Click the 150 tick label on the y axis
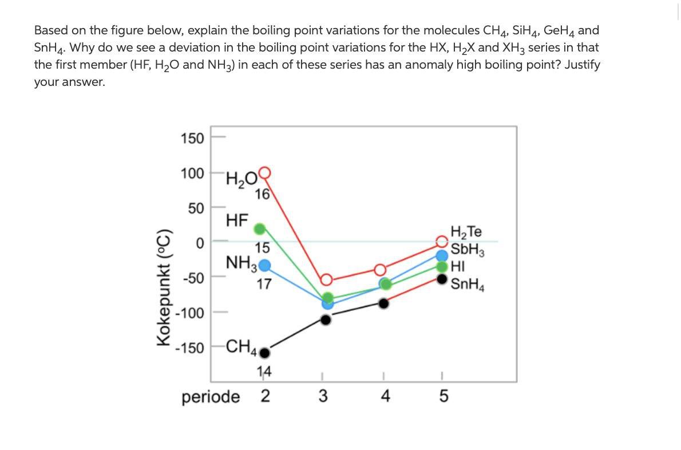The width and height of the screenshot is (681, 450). click(x=192, y=139)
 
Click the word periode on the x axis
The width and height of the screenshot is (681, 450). click(x=211, y=397)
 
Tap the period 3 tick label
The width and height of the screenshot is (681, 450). click(x=323, y=397)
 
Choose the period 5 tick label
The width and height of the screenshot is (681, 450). click(x=442, y=397)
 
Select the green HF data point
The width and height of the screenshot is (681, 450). click(x=260, y=229)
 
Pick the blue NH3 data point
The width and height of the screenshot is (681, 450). click(x=264, y=265)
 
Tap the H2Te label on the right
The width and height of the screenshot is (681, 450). click(x=466, y=232)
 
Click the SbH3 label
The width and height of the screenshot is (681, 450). click(x=468, y=250)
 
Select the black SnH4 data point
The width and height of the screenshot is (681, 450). click(x=442, y=279)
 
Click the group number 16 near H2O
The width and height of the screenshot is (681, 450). click(x=263, y=195)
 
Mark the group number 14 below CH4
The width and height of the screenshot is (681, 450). click(x=263, y=373)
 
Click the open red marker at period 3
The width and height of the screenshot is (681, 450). click(x=326, y=280)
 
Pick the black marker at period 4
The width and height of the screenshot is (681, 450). click(x=384, y=303)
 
